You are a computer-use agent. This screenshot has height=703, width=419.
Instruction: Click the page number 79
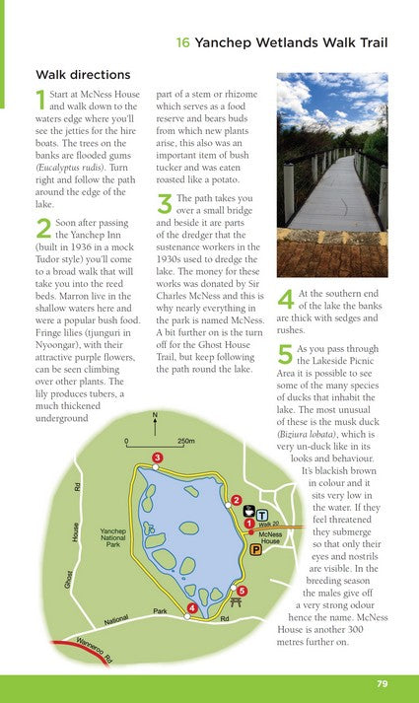382,684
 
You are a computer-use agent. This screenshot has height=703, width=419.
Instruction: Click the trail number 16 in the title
182,43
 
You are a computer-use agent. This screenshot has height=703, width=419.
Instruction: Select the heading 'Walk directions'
83,74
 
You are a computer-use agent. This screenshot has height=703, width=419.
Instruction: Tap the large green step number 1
39,100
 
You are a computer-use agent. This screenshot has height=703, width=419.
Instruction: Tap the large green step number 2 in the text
42,229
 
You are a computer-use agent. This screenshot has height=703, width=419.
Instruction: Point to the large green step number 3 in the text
164,203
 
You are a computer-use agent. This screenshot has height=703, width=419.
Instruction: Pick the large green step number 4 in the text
286,299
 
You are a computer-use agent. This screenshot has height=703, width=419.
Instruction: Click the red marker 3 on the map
158,457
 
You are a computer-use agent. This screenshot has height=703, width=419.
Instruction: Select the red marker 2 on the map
237,500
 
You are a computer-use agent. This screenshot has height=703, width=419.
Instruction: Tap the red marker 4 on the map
191,608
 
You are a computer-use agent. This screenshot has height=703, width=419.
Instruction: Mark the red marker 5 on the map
242,591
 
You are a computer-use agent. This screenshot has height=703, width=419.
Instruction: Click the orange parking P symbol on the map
256,550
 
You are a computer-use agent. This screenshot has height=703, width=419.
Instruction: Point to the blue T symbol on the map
262,515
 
